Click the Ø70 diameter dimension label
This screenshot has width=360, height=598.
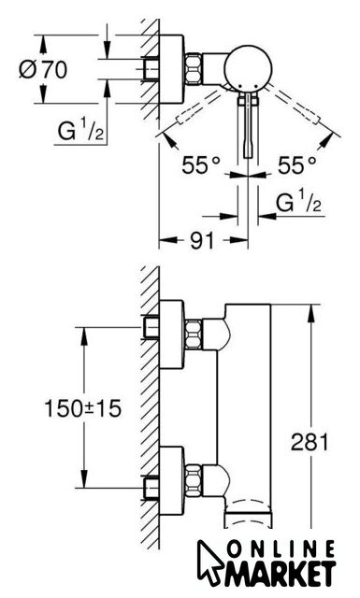point(43,69)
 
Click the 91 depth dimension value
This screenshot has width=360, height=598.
point(202,240)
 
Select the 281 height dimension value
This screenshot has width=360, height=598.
point(310,442)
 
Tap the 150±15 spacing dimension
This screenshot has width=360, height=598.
point(83,408)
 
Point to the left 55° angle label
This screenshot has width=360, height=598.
point(201,164)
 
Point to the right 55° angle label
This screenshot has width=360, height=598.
point(296,164)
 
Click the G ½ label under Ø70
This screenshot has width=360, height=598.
point(80,130)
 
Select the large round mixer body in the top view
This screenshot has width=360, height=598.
point(248,69)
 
